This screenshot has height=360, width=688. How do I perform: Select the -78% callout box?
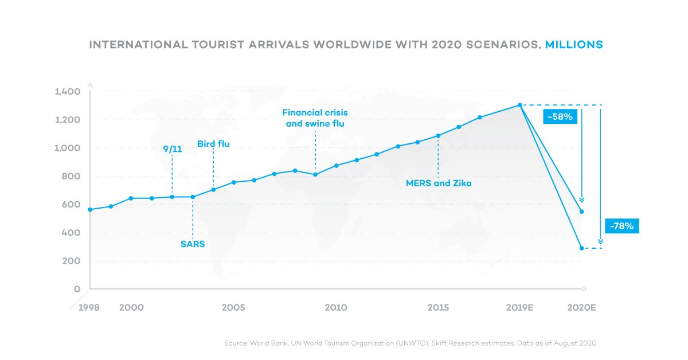click(x=621, y=226)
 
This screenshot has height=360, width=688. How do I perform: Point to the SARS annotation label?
click(x=193, y=244)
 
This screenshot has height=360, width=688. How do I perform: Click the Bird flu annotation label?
click(x=213, y=144)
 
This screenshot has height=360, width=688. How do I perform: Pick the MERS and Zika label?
click(x=439, y=183)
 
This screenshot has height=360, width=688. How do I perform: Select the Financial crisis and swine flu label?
click(x=315, y=118)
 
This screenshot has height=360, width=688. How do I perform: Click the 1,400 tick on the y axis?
click(x=68, y=92)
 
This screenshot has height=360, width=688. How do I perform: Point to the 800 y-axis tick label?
click(x=72, y=177)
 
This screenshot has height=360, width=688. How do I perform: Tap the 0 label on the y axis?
click(x=77, y=289)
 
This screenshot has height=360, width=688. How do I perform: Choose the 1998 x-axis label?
click(x=88, y=308)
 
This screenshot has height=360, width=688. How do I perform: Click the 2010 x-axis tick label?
click(x=335, y=308)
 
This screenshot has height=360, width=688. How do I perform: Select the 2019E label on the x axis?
click(x=519, y=308)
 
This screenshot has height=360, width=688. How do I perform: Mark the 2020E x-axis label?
click(x=582, y=308)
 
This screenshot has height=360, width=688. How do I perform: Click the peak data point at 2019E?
click(x=519, y=105)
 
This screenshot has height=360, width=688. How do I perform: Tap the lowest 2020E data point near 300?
click(x=582, y=248)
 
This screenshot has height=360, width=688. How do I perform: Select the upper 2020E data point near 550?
click(x=582, y=212)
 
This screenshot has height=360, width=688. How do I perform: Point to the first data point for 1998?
click(x=90, y=210)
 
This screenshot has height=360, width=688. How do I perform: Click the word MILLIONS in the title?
click(x=573, y=44)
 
